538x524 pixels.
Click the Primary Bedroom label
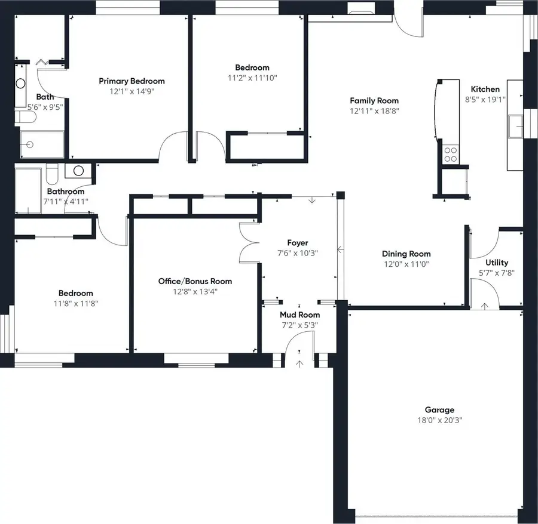pos(132,81)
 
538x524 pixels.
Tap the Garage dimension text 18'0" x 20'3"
pos(439,420)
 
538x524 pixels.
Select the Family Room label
pos(374,100)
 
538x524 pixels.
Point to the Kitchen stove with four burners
pos(450,155)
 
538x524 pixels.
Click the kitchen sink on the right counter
pos(515,126)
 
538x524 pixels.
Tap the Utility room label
pos(497,263)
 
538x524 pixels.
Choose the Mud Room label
pos(299,315)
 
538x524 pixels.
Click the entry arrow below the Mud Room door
pos(299,362)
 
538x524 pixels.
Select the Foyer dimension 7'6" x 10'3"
pos(298,252)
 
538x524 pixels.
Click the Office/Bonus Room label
pos(195,281)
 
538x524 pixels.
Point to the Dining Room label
pos(406,254)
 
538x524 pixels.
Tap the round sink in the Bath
pos(20,84)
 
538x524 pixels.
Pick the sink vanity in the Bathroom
pos(78,171)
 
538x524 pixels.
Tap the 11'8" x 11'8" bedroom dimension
pos(75,303)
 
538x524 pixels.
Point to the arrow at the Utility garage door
pos(484,306)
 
